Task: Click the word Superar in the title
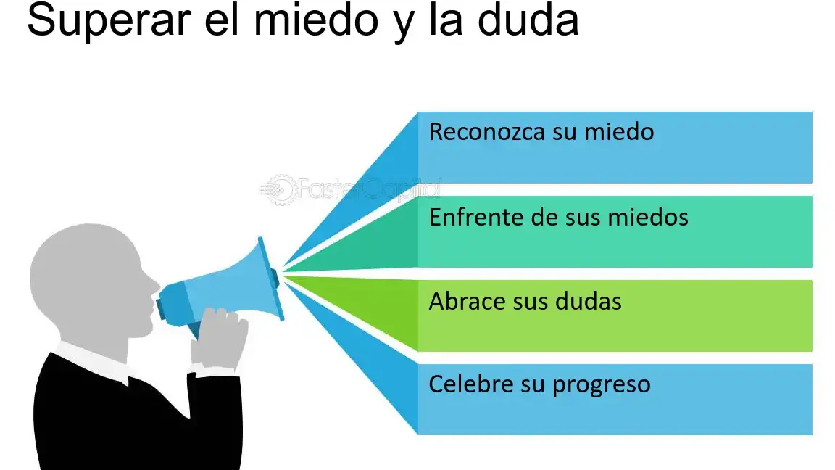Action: click(x=109, y=21)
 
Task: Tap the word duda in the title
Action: click(x=528, y=20)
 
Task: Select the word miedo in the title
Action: click(x=316, y=20)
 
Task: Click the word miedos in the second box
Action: click(x=648, y=217)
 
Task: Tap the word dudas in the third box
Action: click(x=589, y=301)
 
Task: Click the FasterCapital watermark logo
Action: click(x=351, y=189)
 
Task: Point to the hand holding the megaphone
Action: click(x=218, y=338)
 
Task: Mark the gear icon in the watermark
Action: click(x=279, y=190)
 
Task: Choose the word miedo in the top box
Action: click(x=619, y=131)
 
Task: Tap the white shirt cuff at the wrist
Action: click(x=216, y=371)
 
